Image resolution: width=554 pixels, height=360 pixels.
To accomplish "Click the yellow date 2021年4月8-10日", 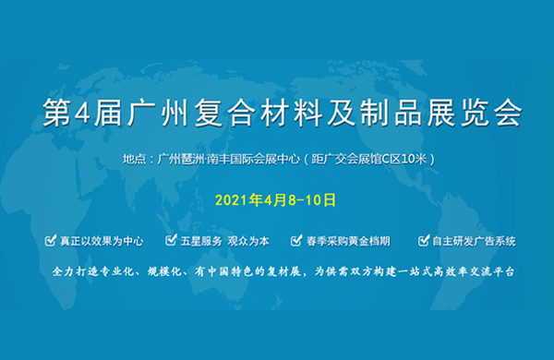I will [274, 198].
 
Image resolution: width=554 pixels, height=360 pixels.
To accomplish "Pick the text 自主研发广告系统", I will [473, 241].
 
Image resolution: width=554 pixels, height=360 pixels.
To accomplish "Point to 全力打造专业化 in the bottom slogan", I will [92, 273].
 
